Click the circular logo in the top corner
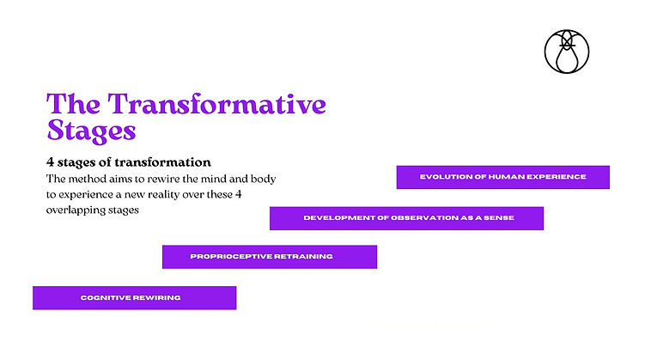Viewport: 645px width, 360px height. pyautogui.click(x=566, y=50)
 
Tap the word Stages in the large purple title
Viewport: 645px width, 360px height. pyautogui.click(x=91, y=131)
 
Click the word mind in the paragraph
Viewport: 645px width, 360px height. pyautogui.click(x=233, y=179)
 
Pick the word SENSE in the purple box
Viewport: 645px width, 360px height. pyautogui.click(x=497, y=218)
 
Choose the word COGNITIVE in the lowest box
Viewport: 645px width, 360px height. pyautogui.click(x=105, y=298)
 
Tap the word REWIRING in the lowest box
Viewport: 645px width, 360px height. pyautogui.click(x=157, y=298)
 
